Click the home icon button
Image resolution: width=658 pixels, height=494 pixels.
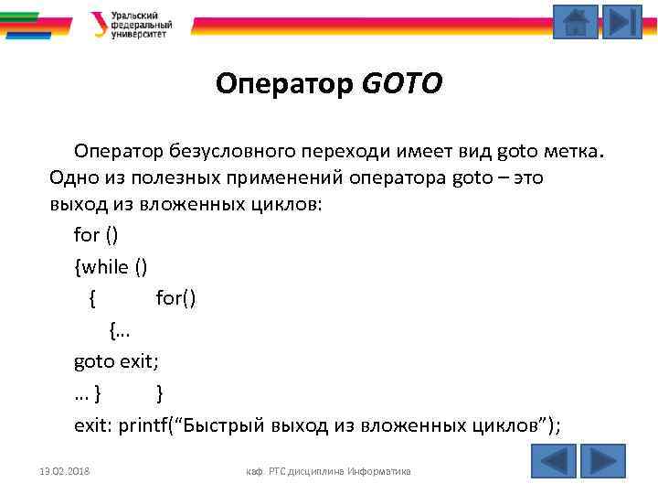(576, 22)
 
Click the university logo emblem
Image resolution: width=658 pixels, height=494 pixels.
(98, 24)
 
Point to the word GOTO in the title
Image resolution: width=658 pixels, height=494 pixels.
(402, 84)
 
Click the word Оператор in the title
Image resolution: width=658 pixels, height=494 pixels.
(285, 84)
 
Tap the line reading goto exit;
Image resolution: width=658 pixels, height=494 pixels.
(117, 360)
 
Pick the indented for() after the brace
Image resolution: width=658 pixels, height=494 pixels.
(176, 297)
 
